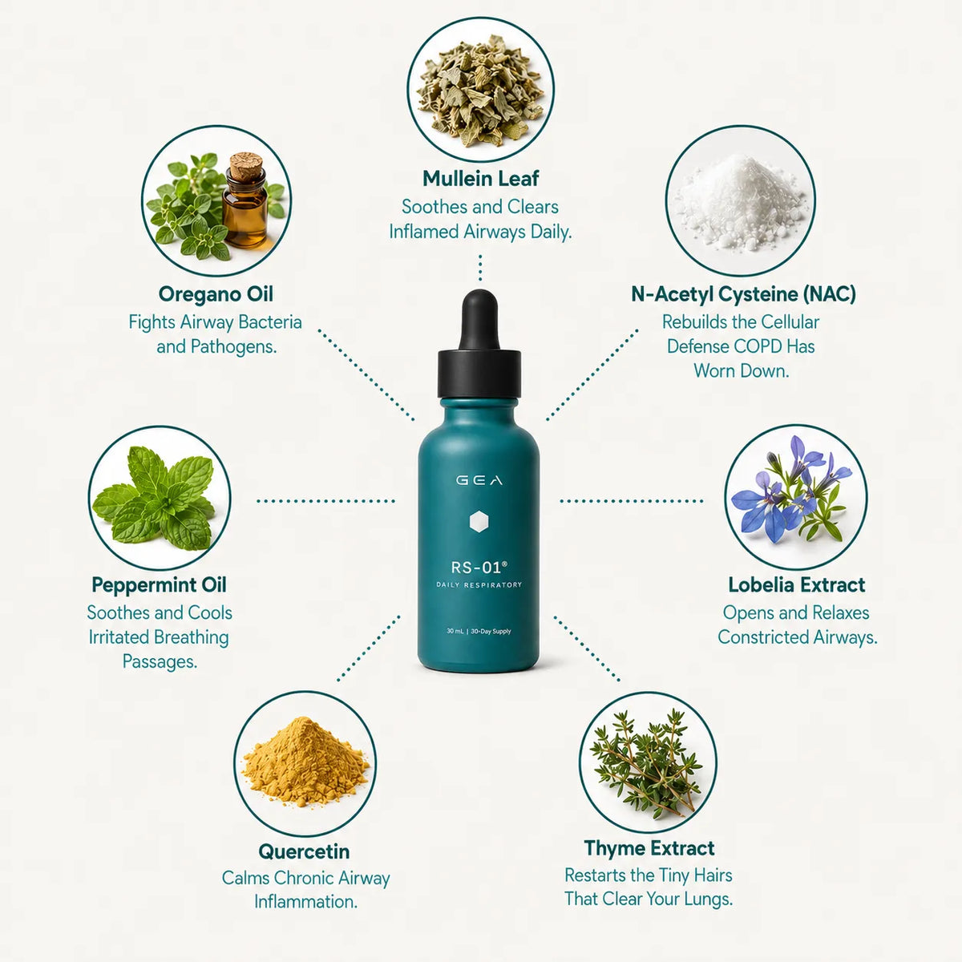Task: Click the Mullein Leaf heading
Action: pos(480,179)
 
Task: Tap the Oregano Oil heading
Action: pos(216,294)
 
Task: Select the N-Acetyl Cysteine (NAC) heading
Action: pos(743,294)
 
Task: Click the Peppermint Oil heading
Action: pos(159,585)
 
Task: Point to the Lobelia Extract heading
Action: pos(796,584)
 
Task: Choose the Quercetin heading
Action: pos(304,851)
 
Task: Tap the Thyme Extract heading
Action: pos(649,848)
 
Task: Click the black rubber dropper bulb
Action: pos(479,320)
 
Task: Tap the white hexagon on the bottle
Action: pos(479,522)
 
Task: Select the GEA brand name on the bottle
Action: pos(479,480)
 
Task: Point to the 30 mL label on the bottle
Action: pos(455,632)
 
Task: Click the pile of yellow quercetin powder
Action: pos(305,762)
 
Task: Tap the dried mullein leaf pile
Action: pos(480,91)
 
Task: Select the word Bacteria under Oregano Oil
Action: pos(270,322)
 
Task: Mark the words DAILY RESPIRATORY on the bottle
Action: pos(479,585)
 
